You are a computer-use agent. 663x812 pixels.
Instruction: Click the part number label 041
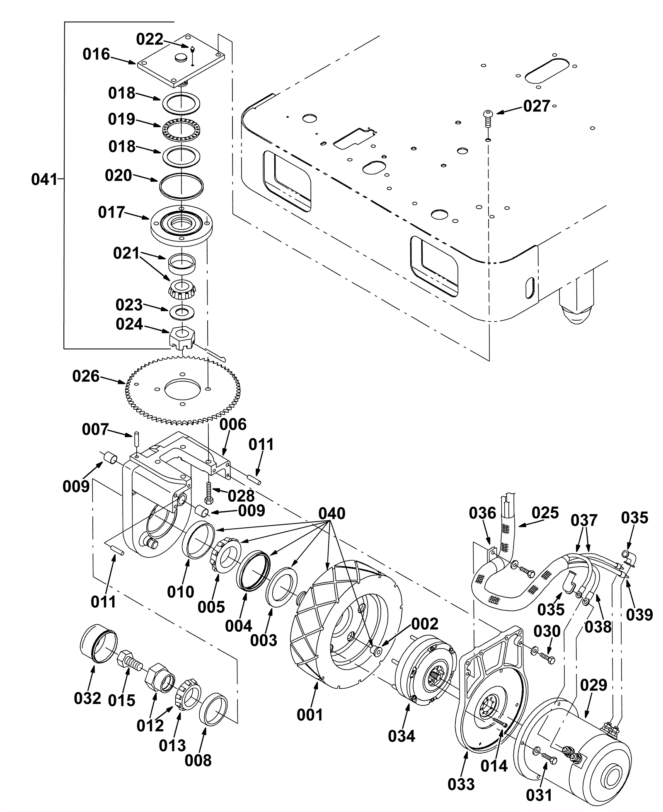tap(44, 180)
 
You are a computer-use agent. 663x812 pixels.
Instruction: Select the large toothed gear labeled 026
tap(182, 390)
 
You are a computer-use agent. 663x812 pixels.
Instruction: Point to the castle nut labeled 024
tap(182, 337)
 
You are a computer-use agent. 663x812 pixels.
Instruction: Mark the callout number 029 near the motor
tap(593, 686)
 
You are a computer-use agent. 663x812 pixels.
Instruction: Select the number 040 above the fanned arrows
tap(331, 513)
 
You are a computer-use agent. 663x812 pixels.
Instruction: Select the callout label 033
tap(461, 784)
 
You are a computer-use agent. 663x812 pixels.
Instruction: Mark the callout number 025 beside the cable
tap(545, 512)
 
